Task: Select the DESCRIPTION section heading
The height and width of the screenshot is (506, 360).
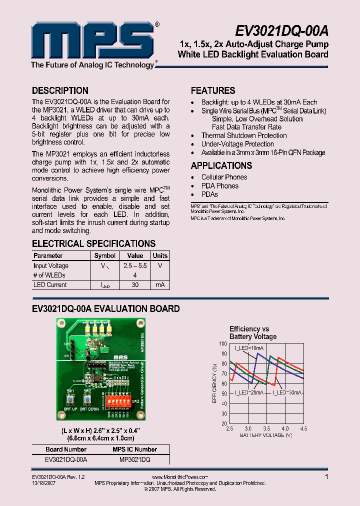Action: point(60,91)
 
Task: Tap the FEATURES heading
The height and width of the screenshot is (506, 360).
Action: point(213,91)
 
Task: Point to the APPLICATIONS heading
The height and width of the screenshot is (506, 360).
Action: point(221,165)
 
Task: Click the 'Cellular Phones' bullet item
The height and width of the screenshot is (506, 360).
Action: point(224,177)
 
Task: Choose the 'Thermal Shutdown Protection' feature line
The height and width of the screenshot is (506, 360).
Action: point(244,135)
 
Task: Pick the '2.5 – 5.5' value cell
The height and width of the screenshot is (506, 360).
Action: point(135,266)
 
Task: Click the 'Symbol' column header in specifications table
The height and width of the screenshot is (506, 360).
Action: point(105,255)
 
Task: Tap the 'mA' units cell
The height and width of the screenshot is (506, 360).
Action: point(160,285)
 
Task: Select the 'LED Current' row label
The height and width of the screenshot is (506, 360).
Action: point(50,285)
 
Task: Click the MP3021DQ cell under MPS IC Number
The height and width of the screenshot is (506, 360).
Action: point(135,459)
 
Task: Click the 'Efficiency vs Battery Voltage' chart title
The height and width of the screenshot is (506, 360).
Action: point(253,332)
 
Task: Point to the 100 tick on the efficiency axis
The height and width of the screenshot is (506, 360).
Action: point(223,343)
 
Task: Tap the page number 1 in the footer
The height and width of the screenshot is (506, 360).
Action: point(326,477)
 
